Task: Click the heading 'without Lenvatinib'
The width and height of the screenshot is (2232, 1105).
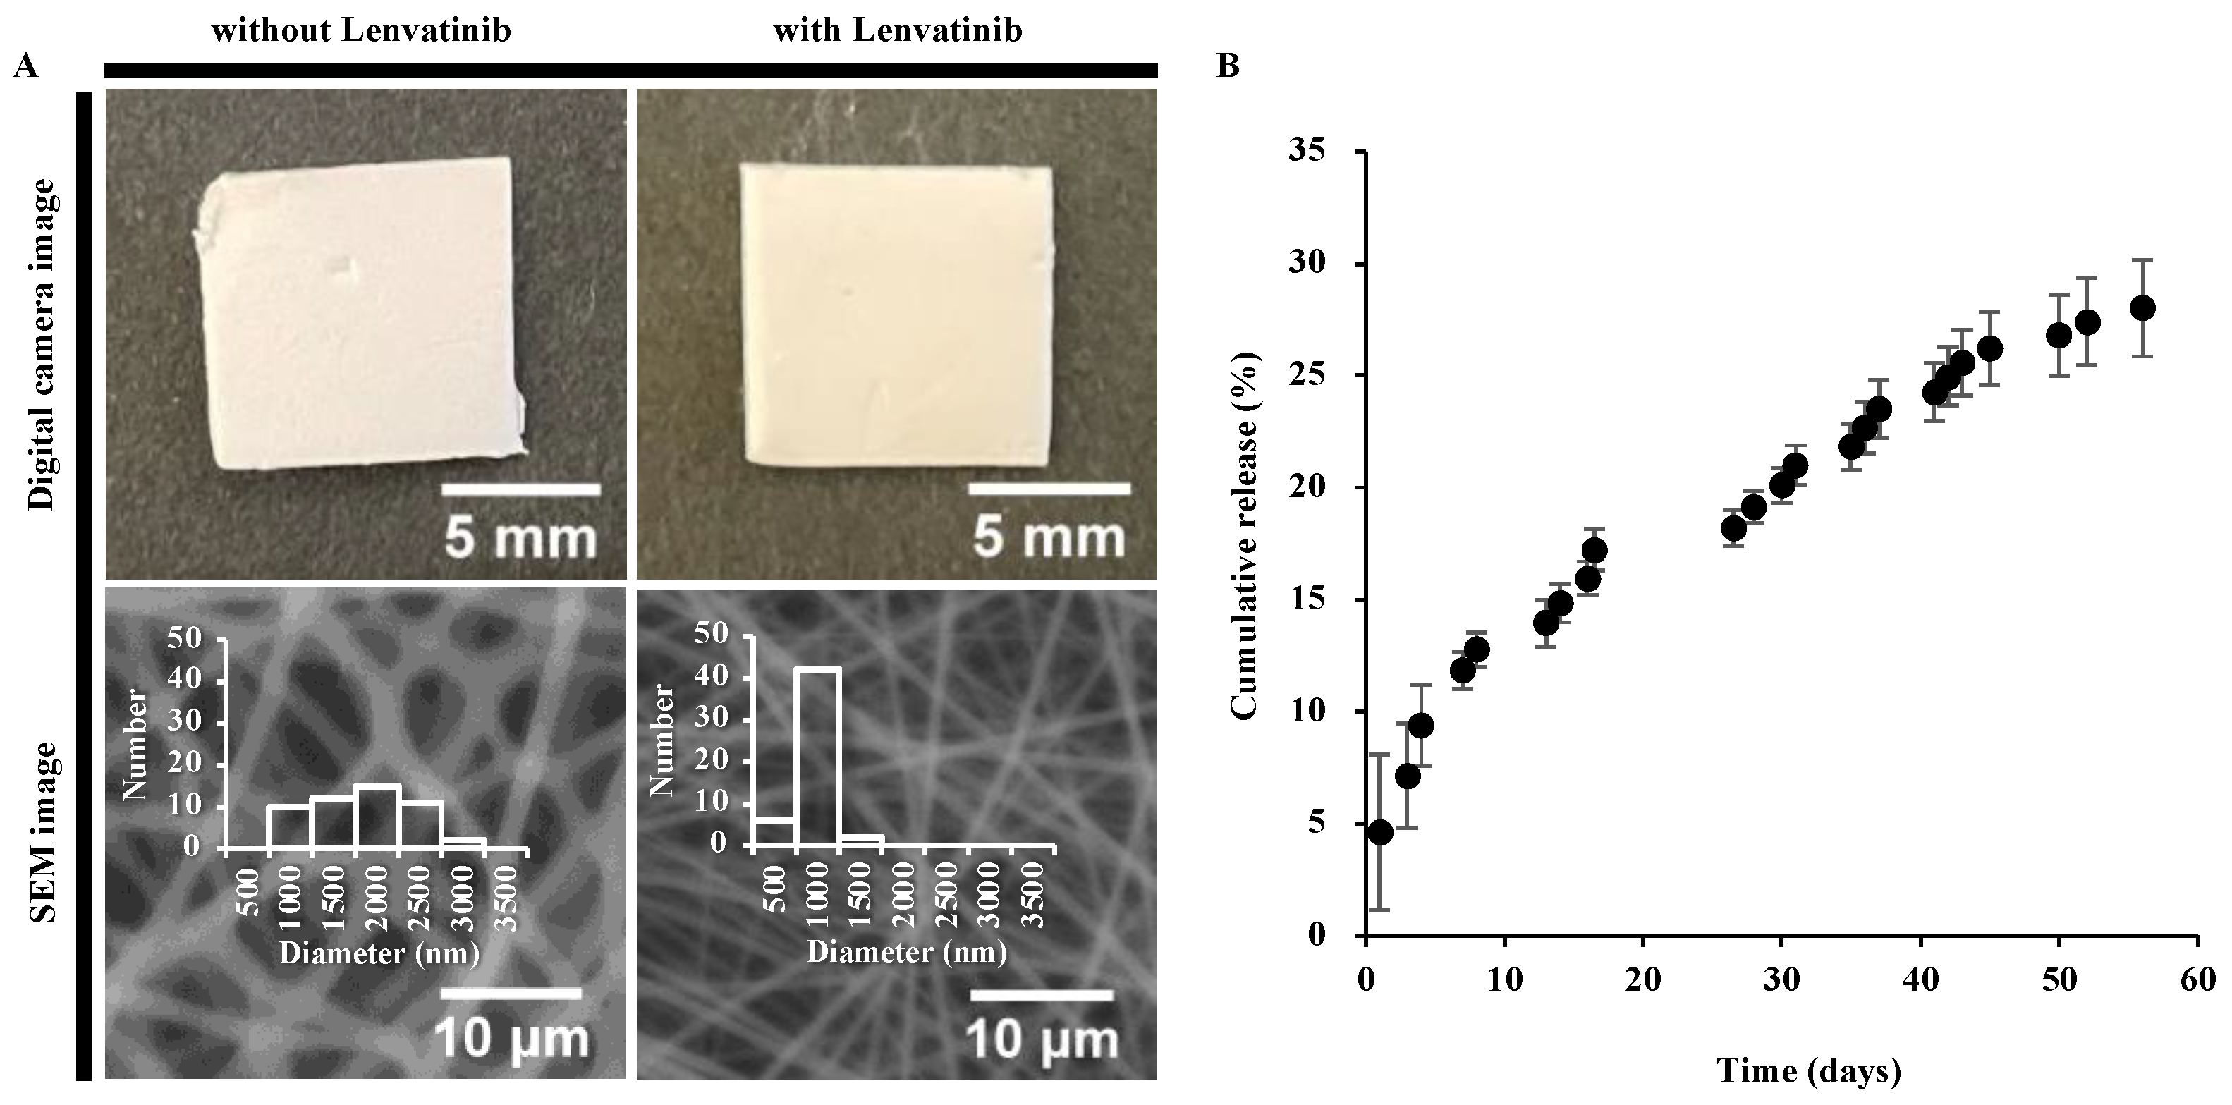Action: pyautogui.click(x=361, y=31)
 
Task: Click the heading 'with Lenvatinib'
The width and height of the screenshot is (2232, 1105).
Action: pyautogui.click(x=898, y=31)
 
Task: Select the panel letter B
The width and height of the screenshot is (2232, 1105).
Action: pyautogui.click(x=1228, y=66)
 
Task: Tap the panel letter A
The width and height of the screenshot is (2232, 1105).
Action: pyautogui.click(x=25, y=66)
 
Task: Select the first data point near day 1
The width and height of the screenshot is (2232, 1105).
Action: pyautogui.click(x=1380, y=832)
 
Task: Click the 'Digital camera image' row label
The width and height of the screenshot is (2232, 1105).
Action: pyautogui.click(x=40, y=344)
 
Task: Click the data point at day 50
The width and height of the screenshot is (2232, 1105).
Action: pyautogui.click(x=2059, y=334)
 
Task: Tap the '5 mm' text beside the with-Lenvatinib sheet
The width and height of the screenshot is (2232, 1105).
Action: pyautogui.click(x=1049, y=537)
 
